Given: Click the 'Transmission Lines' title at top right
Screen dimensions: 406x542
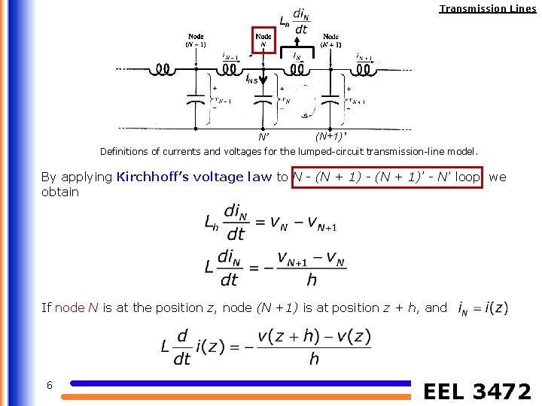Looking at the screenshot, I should pyautogui.click(x=488, y=9).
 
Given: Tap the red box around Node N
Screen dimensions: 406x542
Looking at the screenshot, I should pyautogui.click(x=263, y=39).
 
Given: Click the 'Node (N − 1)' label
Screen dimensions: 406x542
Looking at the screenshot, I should pyautogui.click(x=196, y=40).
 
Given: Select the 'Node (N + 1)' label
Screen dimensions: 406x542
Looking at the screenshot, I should pyautogui.click(x=330, y=40).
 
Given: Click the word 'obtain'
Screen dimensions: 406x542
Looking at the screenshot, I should pyautogui.click(x=60, y=192).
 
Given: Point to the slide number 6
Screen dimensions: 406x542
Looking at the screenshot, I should pyautogui.click(x=49, y=385).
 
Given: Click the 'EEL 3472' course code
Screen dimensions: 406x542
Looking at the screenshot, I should pyautogui.click(x=477, y=391).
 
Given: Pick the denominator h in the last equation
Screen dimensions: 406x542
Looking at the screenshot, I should pyautogui.click(x=314, y=359).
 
